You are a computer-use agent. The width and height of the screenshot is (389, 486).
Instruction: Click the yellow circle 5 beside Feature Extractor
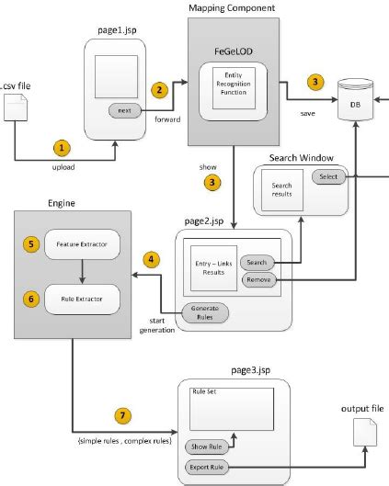coord(30,246)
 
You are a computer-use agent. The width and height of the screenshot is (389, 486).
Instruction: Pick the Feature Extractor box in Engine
coord(83,246)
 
